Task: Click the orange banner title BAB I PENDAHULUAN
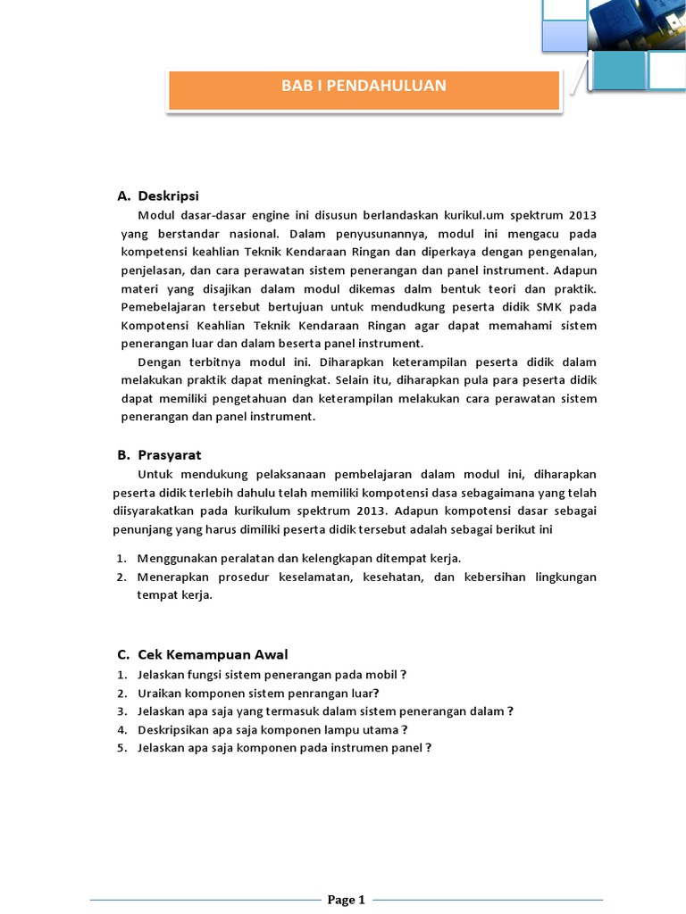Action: [364, 86]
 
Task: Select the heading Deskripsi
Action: [168, 195]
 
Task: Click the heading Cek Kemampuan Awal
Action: [213, 654]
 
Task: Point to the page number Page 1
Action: [347, 900]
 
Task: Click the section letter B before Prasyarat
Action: [122, 454]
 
